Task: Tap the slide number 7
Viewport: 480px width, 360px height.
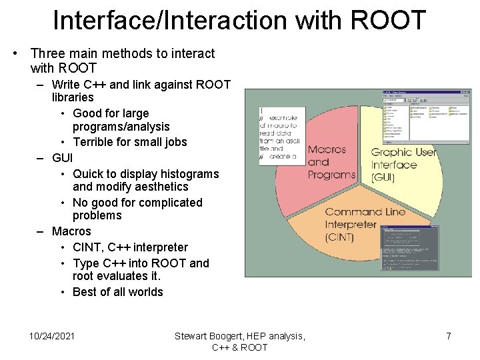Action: (449, 336)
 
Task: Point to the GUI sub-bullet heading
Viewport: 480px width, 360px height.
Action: (62, 158)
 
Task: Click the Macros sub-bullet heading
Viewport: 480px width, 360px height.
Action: (71, 231)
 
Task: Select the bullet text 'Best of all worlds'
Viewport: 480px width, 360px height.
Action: (117, 292)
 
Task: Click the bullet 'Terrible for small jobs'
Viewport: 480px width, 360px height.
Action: (129, 142)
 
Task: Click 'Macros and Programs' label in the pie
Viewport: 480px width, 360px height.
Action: (331, 162)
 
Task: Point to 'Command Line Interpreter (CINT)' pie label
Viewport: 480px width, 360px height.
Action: (364, 225)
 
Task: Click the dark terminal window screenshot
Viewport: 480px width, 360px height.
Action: (409, 249)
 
